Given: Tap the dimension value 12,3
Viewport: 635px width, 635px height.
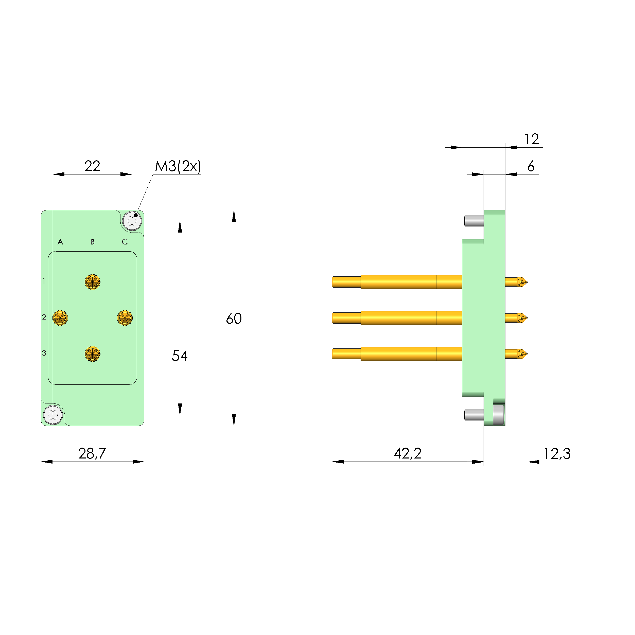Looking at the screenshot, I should point(557,454).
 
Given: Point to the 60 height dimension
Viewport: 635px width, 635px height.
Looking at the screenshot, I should point(234,318).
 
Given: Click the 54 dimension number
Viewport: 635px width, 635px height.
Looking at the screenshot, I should point(180,356).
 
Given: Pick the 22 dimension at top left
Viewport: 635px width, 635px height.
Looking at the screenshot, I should point(92,166).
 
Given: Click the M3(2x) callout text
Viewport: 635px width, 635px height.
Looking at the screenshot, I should point(178,166).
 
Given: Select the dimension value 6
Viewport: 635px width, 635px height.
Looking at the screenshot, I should point(531,166).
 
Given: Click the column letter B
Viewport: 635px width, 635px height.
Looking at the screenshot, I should point(92,242).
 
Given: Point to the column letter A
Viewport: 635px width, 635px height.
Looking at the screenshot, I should point(60,242).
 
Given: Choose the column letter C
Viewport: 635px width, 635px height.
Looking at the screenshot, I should point(125,242).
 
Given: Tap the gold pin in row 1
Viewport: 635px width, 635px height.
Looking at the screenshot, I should point(92,282).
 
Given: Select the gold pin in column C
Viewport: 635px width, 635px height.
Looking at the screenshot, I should point(125,318).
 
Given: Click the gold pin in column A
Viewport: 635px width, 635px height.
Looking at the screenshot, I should point(60,318).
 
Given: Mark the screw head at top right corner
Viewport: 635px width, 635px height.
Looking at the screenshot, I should point(132,221).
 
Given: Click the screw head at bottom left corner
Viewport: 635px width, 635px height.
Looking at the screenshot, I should point(53,415).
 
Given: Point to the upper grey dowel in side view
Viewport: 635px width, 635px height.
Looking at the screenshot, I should point(474,221).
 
